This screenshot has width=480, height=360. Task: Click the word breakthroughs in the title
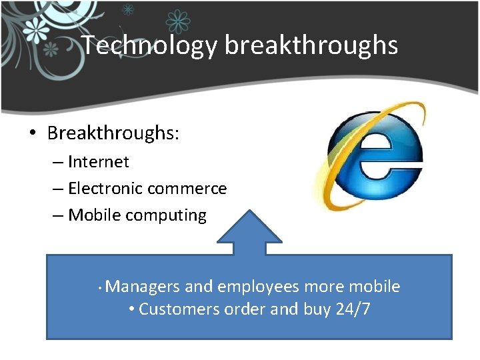(311, 45)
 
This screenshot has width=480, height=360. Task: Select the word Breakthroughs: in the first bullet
(113, 133)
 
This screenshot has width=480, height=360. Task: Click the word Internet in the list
(99, 162)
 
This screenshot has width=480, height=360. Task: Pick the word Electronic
(105, 189)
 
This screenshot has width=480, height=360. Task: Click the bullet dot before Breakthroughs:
(33, 133)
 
